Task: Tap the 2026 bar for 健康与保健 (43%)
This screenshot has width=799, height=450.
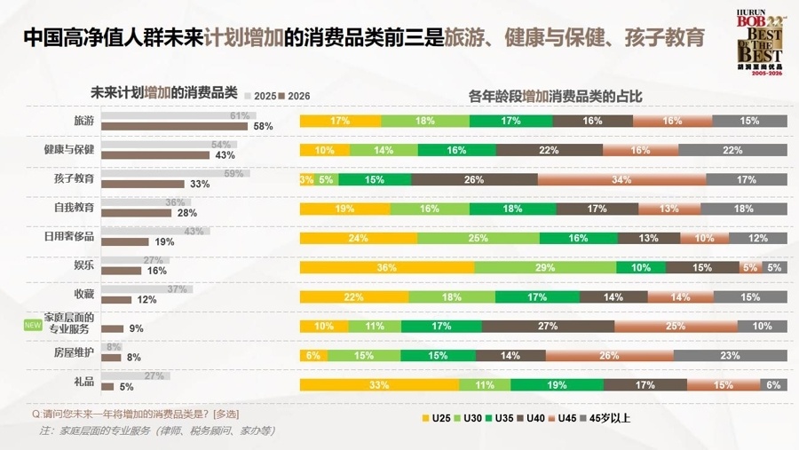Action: pos(155,155)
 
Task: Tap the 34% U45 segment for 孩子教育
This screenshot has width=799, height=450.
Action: pos(621,179)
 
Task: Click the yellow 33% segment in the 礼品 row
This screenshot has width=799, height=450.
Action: pos(379,384)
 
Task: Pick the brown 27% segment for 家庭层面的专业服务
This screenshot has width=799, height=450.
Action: pos(548,326)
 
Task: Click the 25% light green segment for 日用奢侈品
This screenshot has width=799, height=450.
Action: pos(478,238)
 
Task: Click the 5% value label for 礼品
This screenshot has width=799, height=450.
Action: pos(127,387)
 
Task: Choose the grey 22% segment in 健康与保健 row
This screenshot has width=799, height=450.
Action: pos(732,150)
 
